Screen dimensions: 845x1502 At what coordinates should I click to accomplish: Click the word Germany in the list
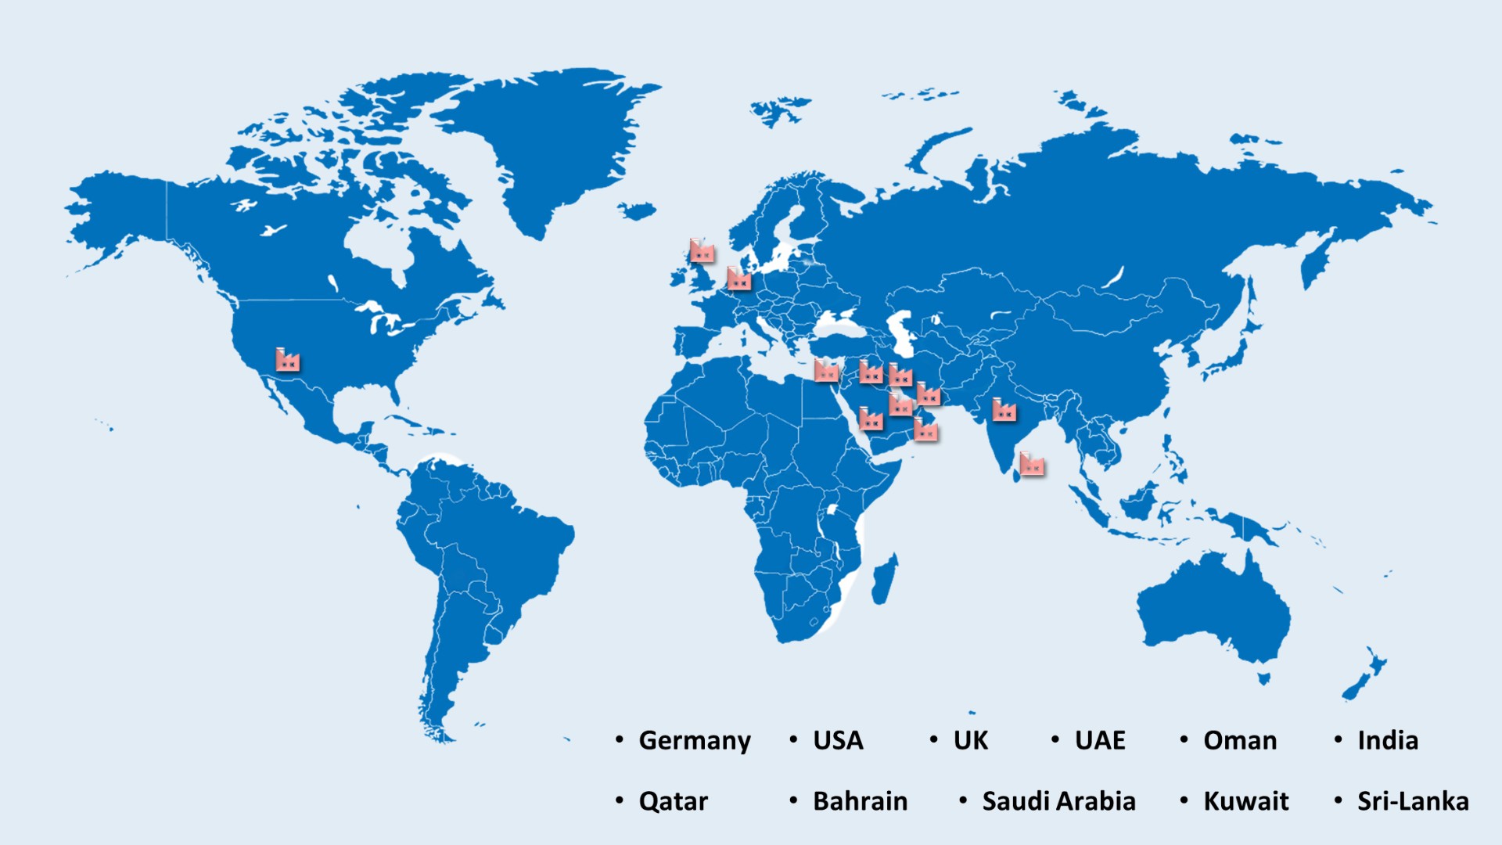pos(694,740)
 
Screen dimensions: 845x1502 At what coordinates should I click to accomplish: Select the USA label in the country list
pos(837,740)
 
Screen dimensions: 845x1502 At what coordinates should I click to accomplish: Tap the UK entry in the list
pos(970,740)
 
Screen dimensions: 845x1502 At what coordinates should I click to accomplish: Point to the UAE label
pos(1099,740)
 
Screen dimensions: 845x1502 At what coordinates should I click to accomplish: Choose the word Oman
pos(1239,740)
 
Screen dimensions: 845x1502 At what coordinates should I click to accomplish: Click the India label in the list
pos(1387,740)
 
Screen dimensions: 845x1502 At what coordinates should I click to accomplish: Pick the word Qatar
pos(673,801)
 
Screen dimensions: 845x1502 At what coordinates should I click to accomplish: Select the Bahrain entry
pos(860,801)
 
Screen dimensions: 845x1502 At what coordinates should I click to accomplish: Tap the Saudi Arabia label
pos(1058,801)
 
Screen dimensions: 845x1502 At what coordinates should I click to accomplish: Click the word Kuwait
pos(1245,801)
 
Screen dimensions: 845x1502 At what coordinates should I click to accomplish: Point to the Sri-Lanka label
pos(1412,801)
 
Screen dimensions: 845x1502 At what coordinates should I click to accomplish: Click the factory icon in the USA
pos(287,360)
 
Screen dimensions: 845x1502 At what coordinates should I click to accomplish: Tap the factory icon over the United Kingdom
pos(702,251)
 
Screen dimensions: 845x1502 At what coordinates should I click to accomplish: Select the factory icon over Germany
pos(738,279)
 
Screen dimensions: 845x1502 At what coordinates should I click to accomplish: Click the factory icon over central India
pos(1004,410)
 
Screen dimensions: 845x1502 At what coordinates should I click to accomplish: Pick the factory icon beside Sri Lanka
pos(1032,465)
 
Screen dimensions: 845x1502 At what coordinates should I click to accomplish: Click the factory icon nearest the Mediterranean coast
pos(826,371)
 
